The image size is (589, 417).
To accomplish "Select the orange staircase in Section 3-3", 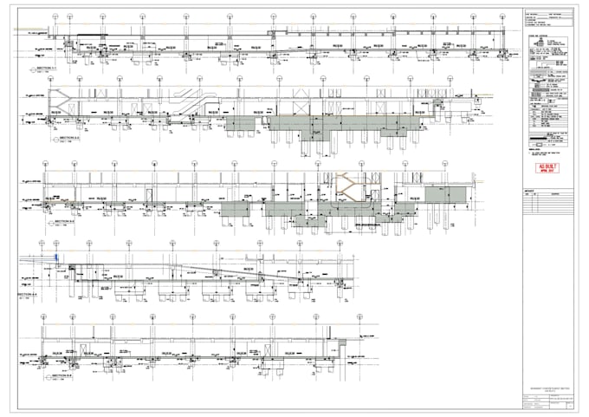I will coord(344,183).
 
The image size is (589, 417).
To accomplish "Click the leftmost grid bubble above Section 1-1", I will coord(55,16).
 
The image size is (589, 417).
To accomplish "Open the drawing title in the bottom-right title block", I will coord(548,388).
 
